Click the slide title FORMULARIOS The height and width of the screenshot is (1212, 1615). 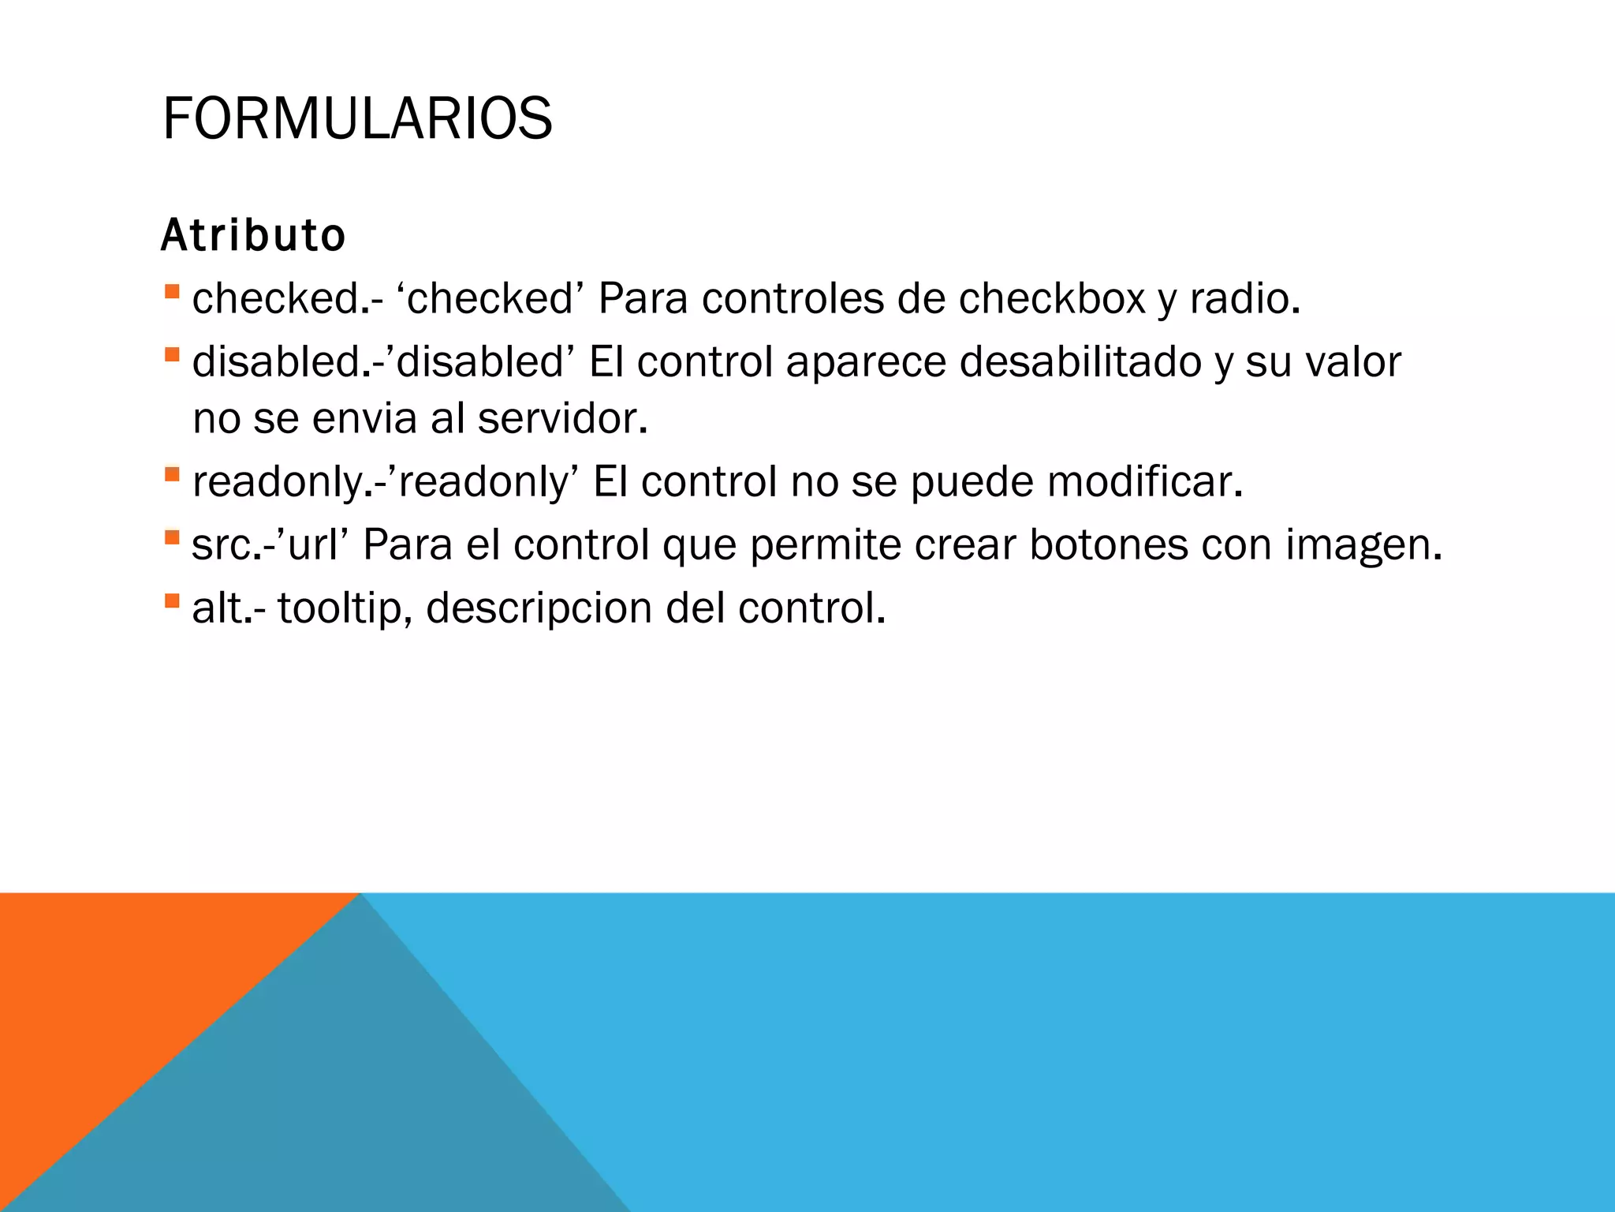point(357,119)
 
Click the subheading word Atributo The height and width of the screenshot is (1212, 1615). point(253,235)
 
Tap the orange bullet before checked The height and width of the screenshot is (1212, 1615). point(172,292)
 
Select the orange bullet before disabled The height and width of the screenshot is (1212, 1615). point(172,355)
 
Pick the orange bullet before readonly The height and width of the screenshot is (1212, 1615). point(172,475)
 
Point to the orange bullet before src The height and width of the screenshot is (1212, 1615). point(172,538)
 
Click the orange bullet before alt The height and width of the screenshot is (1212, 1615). point(172,601)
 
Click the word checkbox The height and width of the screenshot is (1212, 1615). point(1052,299)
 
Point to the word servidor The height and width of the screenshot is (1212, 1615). point(562,418)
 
